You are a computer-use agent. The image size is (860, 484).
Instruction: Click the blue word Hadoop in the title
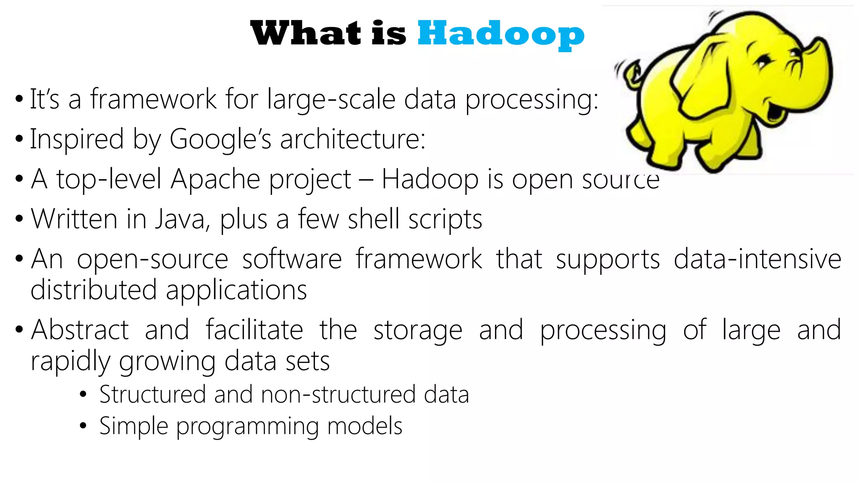tap(501, 34)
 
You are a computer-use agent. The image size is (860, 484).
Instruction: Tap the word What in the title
tap(306, 34)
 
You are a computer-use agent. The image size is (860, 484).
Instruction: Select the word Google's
tap(220, 139)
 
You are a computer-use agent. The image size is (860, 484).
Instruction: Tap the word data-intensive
tap(757, 259)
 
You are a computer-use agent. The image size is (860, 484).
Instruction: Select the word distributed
tap(93, 290)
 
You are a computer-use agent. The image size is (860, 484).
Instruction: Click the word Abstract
tap(80, 330)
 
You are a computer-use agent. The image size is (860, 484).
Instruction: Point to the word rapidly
tap(70, 361)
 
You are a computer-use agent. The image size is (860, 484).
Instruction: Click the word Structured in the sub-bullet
tap(152, 395)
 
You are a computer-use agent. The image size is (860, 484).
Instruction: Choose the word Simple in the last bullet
tap(134, 426)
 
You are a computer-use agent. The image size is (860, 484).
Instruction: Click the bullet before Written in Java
tap(19, 219)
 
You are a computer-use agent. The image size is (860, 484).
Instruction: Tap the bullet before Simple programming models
tap(83, 426)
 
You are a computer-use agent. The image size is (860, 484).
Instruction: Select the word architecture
tap(353, 139)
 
